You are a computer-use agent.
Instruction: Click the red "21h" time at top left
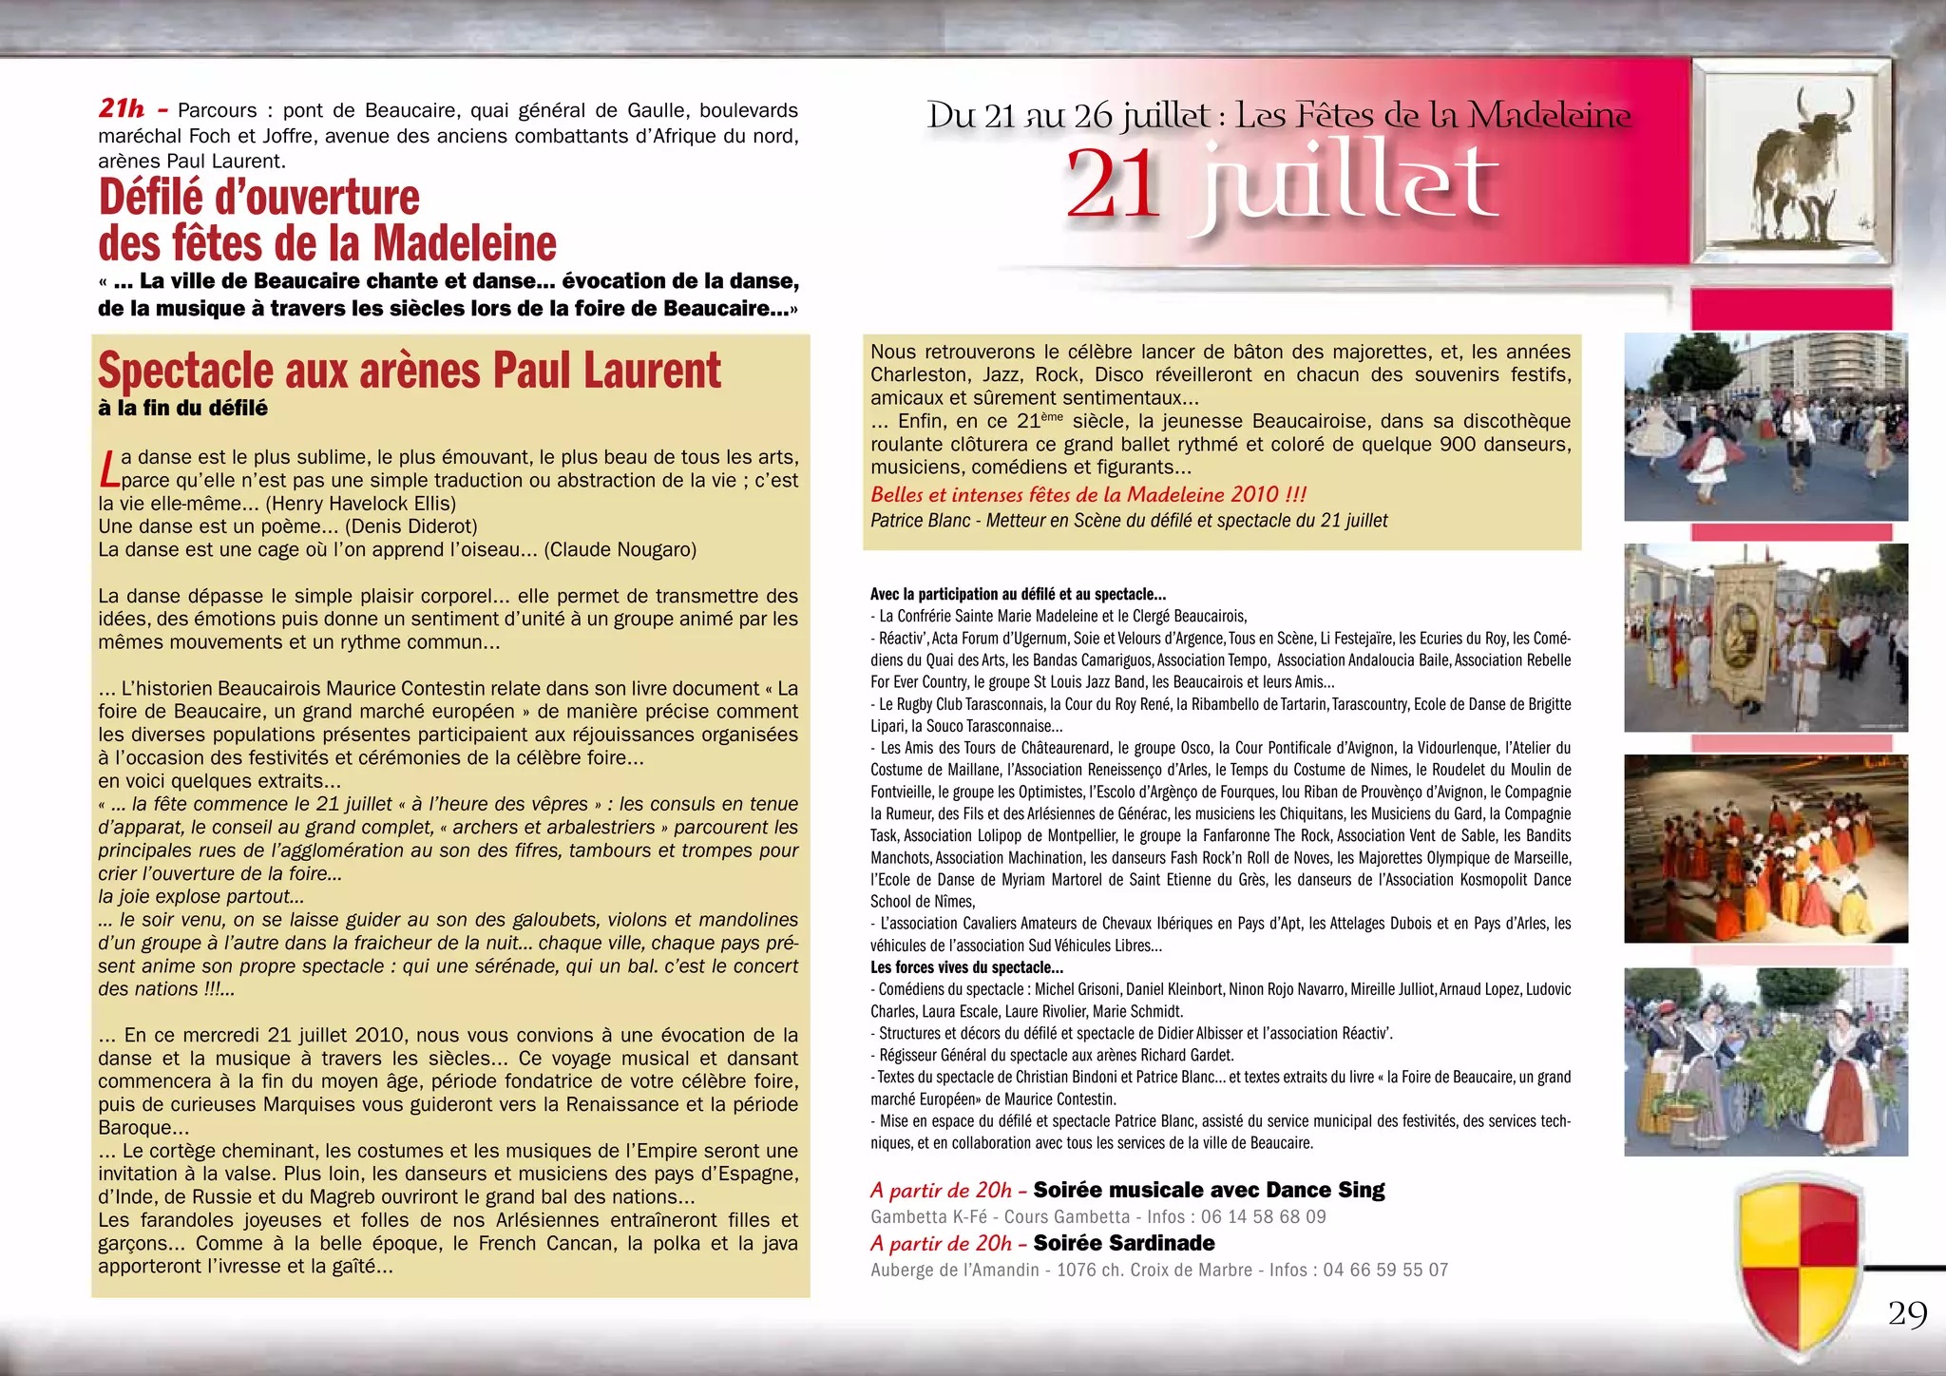coord(122,108)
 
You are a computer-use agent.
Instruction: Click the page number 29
coord(1907,1313)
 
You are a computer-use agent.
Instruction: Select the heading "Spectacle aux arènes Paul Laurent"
coord(410,370)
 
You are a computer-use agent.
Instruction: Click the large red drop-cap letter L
coord(109,468)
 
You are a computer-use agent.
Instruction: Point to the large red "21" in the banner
coord(1113,185)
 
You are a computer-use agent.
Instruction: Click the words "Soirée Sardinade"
coord(1124,1243)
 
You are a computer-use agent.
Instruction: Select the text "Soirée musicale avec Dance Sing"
coord(1209,1190)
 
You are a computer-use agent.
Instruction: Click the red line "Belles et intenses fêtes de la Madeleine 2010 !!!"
coord(1088,494)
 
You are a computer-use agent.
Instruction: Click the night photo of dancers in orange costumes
coord(1765,848)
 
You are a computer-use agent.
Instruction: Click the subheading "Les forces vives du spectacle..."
coord(966,967)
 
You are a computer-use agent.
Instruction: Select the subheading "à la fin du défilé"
coord(182,409)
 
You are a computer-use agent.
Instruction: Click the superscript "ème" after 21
coord(1052,416)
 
